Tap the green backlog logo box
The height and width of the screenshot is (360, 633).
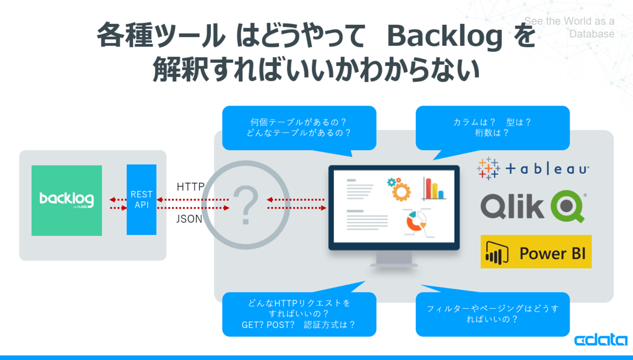[66, 200]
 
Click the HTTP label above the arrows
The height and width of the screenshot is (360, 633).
[190, 187]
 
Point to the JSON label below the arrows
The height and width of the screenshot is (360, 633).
[189, 219]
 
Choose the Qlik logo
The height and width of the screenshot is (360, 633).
[533, 206]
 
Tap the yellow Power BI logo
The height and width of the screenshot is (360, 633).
[536, 252]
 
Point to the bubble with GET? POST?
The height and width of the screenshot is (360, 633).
[299, 314]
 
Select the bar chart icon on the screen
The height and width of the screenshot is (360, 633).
[434, 188]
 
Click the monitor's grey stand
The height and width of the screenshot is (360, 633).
[394, 260]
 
